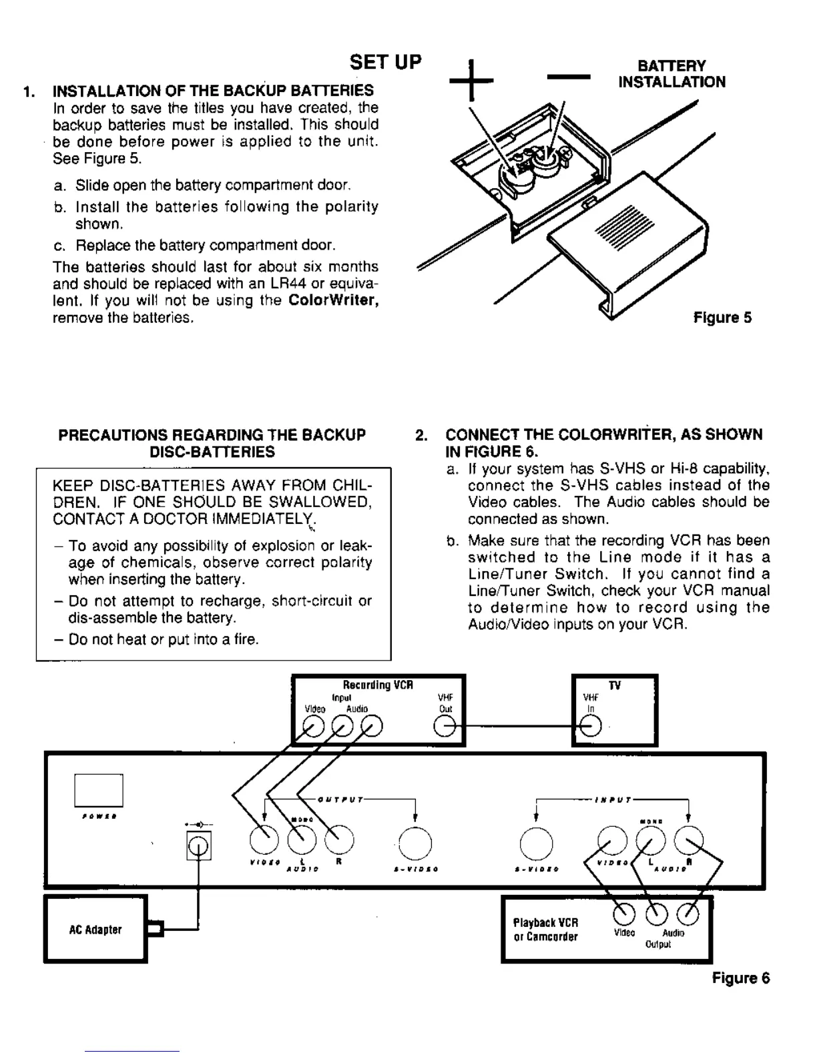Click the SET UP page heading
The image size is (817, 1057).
coord(386,62)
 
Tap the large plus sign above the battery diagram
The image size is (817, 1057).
coord(471,80)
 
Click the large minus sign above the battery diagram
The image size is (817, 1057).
coord(569,77)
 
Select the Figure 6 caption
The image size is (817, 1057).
coord(741,978)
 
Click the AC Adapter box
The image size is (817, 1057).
coord(95,930)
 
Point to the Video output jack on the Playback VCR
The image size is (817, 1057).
coord(624,913)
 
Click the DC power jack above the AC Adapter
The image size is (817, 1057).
coord(198,846)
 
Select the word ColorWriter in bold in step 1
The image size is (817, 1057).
coord(334,301)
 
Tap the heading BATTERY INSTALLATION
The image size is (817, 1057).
coord(671,74)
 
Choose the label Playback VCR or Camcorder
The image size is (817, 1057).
coord(545,930)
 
